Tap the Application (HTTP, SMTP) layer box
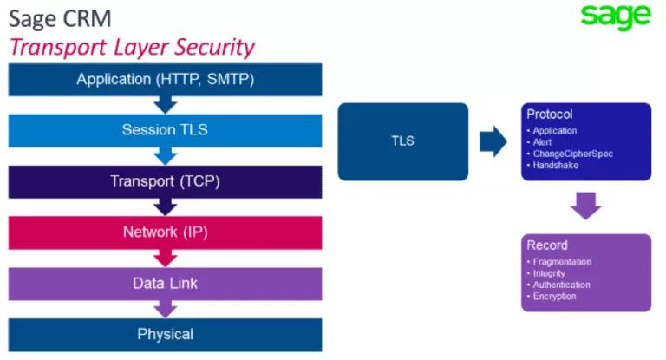coord(165,80)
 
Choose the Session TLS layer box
coord(165,130)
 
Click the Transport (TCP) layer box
coord(165,181)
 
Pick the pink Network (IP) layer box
coord(165,232)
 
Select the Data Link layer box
coord(165,284)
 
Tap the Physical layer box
coord(165,334)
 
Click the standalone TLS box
coord(402,141)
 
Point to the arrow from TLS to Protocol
coord(493,141)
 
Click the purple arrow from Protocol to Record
coord(586,206)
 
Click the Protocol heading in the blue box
coord(550,115)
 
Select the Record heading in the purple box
coord(546,245)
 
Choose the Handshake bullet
coord(556,164)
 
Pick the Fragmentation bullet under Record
coord(561,262)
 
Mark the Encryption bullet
coord(555,297)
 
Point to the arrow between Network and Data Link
coord(165,258)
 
